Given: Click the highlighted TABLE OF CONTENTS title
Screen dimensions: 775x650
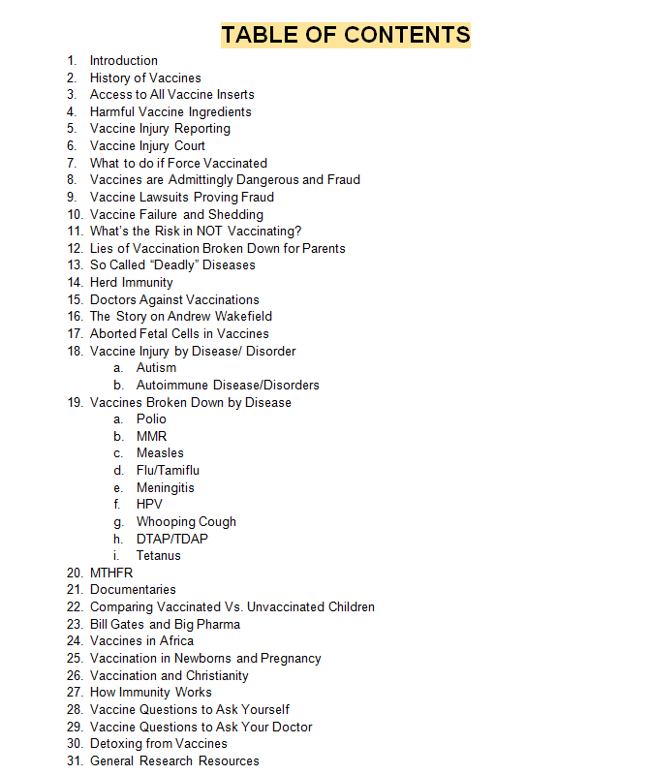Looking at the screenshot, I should point(346,35).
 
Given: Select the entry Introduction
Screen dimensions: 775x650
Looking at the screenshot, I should point(124,60).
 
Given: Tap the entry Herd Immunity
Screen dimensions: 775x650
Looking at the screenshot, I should point(132,282).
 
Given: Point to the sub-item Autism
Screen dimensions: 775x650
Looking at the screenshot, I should point(156,367).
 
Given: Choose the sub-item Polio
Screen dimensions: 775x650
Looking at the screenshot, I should point(151,418).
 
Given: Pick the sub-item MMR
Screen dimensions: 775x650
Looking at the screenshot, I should point(151,436).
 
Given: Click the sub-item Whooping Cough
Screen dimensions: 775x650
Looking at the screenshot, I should point(186,521).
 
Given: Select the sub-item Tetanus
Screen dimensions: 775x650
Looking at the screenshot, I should point(158,555).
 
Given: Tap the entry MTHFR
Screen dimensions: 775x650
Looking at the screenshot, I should point(111,573).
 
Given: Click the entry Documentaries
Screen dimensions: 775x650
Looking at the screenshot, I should point(133,589).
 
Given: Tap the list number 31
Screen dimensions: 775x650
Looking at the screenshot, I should point(75,760).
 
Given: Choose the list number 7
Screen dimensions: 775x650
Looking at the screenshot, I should point(72,163).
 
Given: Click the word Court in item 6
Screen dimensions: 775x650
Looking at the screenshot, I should point(189,145).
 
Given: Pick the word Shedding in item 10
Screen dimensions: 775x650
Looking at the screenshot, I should point(236,214).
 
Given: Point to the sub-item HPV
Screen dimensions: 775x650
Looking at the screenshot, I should point(149,504).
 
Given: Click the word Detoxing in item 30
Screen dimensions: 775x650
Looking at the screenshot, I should point(116,743).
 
